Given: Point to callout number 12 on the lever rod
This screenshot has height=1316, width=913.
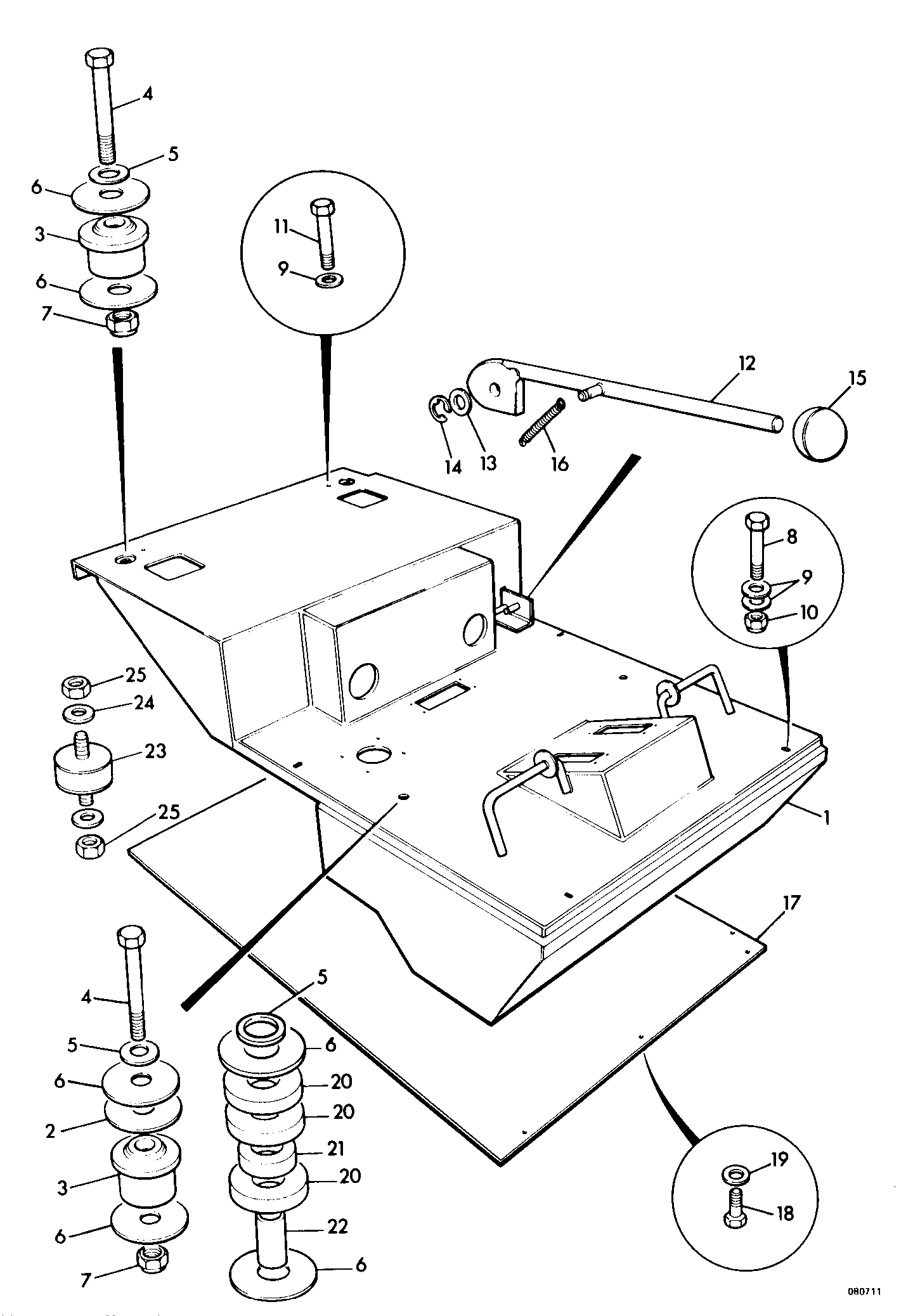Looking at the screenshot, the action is tap(747, 364).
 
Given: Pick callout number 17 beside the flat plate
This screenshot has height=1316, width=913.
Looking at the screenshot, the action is tap(792, 902).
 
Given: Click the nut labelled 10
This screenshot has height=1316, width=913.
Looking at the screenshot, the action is tap(755, 622).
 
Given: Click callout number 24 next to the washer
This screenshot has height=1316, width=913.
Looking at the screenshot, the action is tap(143, 704).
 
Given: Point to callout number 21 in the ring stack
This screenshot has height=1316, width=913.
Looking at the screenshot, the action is tap(336, 1148).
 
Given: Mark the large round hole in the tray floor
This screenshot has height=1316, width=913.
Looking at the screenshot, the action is tap(375, 754).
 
